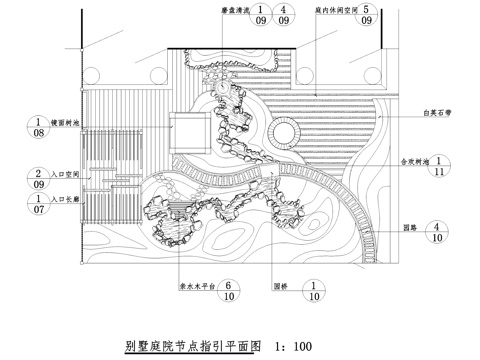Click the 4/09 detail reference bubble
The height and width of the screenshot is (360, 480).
[x=284, y=13]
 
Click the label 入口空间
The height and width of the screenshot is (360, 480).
[x=72, y=172]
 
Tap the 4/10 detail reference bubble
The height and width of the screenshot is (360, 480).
[x=441, y=233]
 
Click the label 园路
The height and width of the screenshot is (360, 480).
[x=408, y=226]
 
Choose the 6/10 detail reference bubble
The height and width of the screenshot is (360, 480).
[x=230, y=290]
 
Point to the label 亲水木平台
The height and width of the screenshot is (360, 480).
[x=194, y=283]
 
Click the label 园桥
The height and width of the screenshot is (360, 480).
[x=289, y=283]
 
